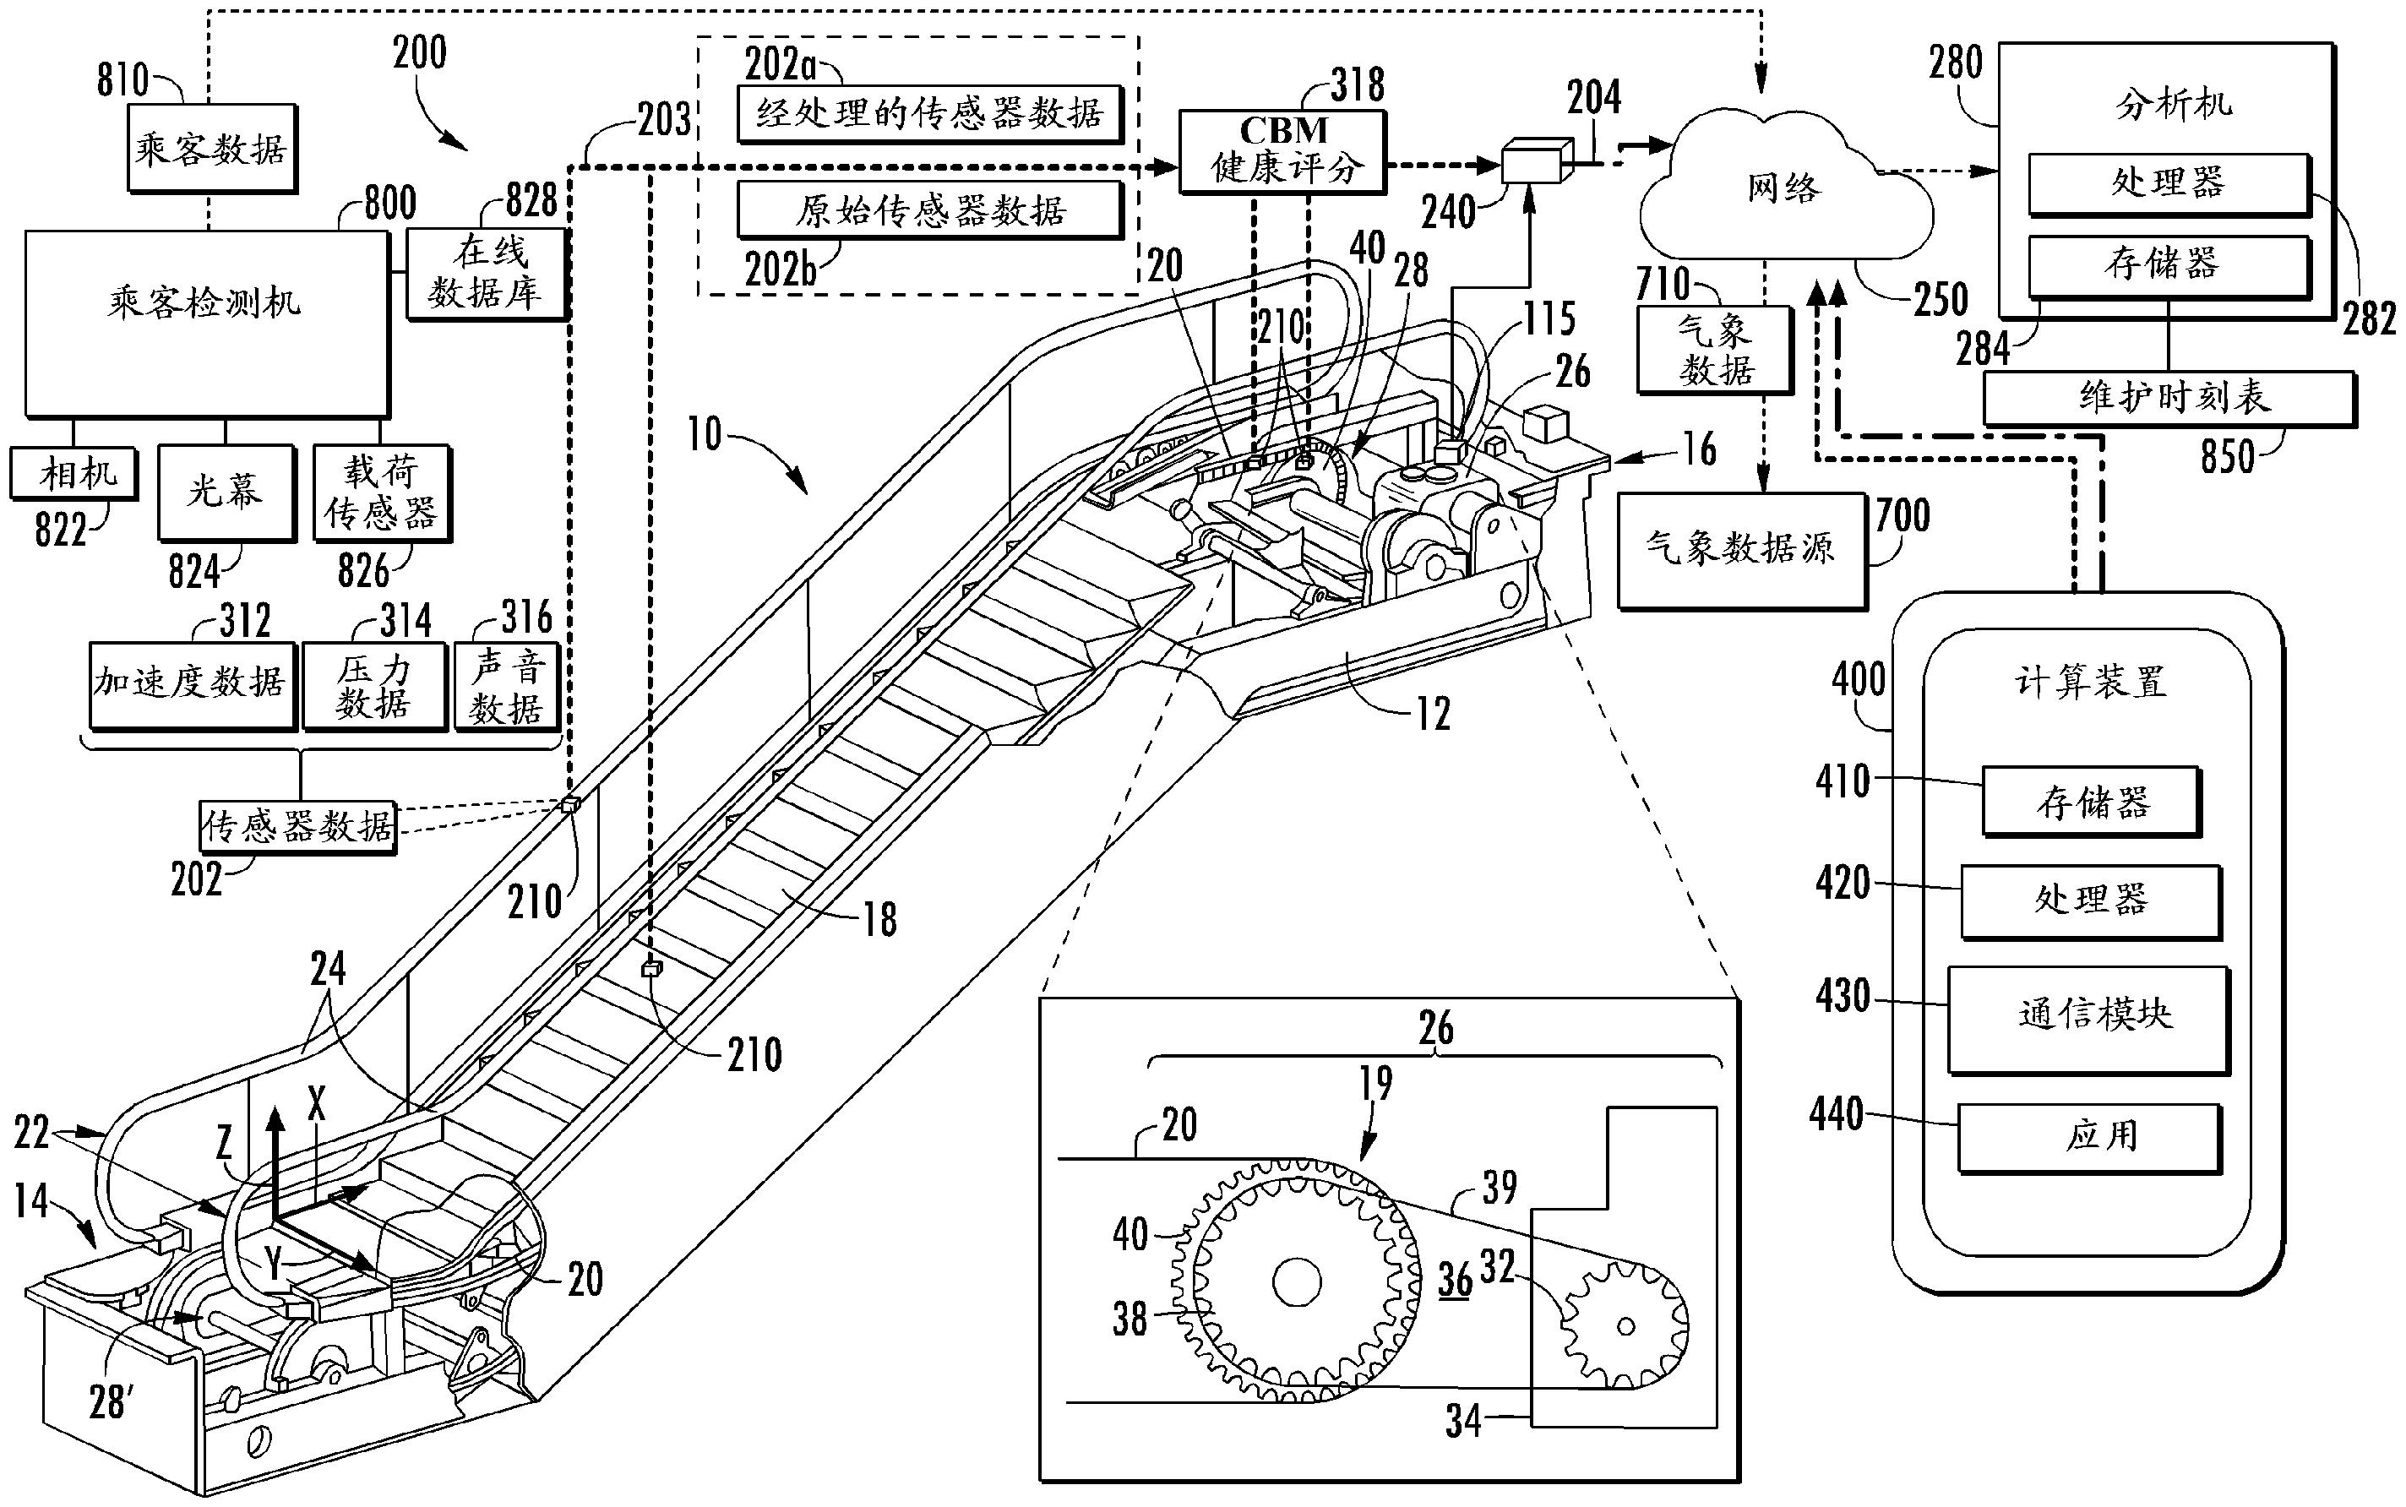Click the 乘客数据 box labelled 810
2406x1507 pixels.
[x=211, y=148]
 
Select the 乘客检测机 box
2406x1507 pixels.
[x=205, y=323]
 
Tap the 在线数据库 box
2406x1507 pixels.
[x=486, y=272]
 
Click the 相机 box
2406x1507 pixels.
[x=73, y=472]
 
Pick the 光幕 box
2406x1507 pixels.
[x=226, y=492]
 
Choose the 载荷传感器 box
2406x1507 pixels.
[x=381, y=492]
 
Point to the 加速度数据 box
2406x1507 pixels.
[x=192, y=683]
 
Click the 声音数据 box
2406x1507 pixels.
[x=506, y=687]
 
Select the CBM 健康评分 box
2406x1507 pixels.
[x=1282, y=150]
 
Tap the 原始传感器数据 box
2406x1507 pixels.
[x=929, y=209]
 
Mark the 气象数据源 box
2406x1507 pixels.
[x=1740, y=549]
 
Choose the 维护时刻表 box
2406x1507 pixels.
[x=2169, y=398]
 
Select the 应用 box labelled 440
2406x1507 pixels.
[x=2089, y=1136]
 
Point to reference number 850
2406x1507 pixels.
[x=2227, y=456]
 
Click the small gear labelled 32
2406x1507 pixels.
[x=1625, y=1326]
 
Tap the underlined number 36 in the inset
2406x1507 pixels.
[x=1455, y=1280]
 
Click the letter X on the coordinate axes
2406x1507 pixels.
[x=317, y=1102]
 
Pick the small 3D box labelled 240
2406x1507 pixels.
[x=1531, y=161]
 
